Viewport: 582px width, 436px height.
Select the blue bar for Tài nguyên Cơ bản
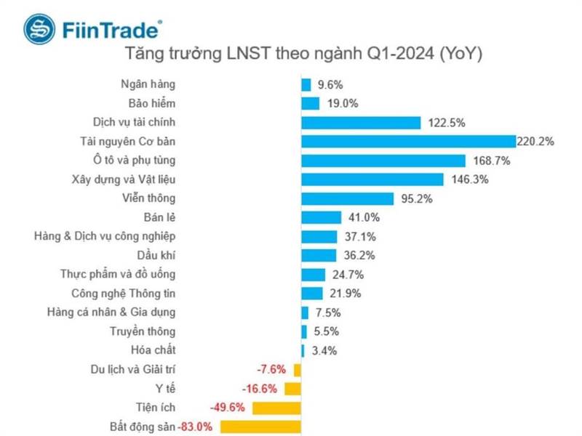click(408, 141)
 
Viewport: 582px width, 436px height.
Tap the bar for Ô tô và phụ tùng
click(383, 160)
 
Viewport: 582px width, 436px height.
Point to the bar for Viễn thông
click(347, 198)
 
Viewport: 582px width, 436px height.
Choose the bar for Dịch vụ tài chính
click(361, 122)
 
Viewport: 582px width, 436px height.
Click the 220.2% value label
click(535, 141)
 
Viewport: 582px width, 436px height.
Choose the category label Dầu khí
click(156, 255)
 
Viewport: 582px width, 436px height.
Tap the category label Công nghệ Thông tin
click(124, 293)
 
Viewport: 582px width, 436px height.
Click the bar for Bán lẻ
click(321, 217)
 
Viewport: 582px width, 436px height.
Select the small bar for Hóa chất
click(303, 350)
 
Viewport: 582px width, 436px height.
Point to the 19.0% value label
click(343, 103)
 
